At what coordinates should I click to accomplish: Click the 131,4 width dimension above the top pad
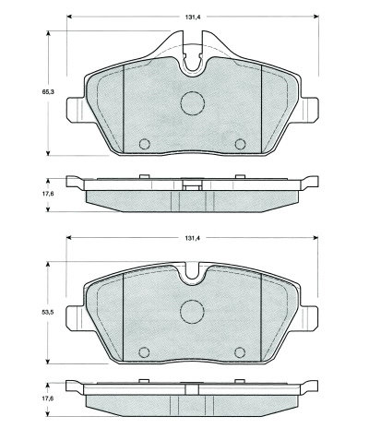[x=193, y=18]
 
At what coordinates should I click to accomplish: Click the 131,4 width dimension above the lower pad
[x=193, y=238]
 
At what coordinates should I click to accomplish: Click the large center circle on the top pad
[x=193, y=103]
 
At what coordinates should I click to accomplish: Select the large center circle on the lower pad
[x=192, y=312]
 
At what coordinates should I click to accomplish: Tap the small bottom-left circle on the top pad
[x=145, y=144]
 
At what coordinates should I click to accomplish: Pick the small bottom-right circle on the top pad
[x=240, y=144]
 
